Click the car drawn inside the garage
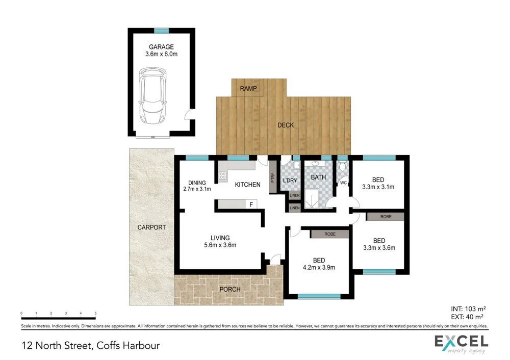152,96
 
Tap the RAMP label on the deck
248,88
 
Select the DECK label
286,125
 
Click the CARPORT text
151,227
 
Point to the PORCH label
230,289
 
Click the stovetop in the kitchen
223,176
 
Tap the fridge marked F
251,204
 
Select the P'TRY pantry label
272,177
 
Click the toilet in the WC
342,167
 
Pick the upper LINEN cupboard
295,195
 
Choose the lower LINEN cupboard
295,208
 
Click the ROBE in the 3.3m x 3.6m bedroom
386,217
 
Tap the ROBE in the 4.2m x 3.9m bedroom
330,234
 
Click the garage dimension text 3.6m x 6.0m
161,54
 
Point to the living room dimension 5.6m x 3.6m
220,245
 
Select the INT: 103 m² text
468,308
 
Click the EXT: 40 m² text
467,317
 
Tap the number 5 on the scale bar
95,313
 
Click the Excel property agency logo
462,344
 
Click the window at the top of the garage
161,31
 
